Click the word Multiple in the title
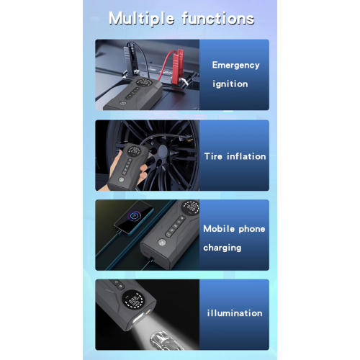coord(141,19)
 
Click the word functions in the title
coord(218,18)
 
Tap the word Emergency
coord(235,66)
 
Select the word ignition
coord(230,84)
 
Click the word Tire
coord(213,156)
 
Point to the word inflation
coord(246,156)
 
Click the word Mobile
coord(219,228)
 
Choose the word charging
coord(222,248)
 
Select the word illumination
coord(235,313)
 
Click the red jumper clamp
coord(177,63)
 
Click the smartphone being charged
coord(134,217)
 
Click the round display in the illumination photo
coord(134,300)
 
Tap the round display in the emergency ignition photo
coord(143,83)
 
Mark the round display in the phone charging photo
coord(191,207)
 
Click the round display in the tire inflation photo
coord(134,151)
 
